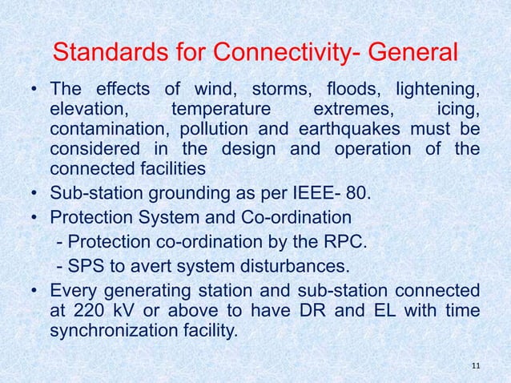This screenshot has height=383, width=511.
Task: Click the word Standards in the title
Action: coord(103,54)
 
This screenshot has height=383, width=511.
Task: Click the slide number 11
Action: coord(477,367)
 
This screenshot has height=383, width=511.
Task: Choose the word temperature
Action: coord(221,108)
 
